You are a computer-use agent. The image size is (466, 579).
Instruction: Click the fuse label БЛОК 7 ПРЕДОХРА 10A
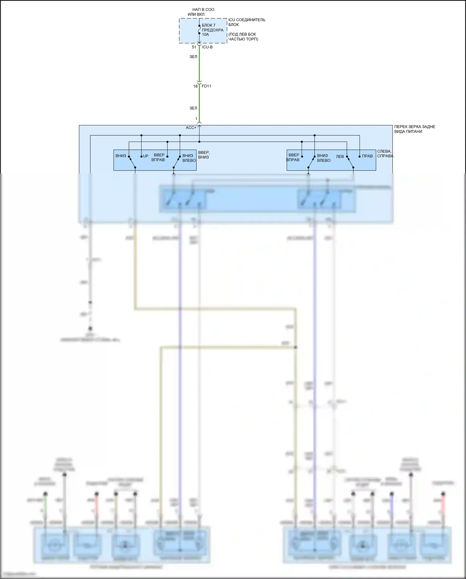(x=212, y=30)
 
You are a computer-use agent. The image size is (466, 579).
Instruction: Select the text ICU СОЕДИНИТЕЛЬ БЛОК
(x=247, y=22)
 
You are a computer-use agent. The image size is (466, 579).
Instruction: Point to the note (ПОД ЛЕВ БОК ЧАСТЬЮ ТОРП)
(x=243, y=37)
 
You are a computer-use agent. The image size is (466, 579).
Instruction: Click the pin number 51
(x=194, y=47)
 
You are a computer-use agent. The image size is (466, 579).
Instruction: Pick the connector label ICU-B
(x=207, y=47)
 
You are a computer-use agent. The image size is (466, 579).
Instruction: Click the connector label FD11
(x=206, y=86)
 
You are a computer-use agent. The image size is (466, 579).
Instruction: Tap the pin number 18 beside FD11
(x=195, y=86)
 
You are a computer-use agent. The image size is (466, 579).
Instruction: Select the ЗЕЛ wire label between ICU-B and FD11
(x=193, y=57)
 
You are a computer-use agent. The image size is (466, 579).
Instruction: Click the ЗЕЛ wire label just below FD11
(x=193, y=108)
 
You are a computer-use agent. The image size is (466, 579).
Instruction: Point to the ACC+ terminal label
(x=191, y=128)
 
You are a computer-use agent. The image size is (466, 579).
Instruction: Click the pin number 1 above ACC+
(x=196, y=119)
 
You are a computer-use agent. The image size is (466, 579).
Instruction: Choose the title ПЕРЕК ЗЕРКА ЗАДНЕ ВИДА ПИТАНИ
(x=414, y=129)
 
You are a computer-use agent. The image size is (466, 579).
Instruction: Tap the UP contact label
(x=146, y=156)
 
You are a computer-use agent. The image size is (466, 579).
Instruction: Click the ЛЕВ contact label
(x=340, y=156)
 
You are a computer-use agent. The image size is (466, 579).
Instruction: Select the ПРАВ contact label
(x=367, y=156)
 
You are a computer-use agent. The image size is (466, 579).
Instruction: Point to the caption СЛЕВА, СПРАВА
(x=385, y=154)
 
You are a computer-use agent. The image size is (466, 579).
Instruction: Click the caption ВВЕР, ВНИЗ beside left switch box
(x=204, y=155)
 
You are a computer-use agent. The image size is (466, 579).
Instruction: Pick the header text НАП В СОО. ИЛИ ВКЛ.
(x=201, y=12)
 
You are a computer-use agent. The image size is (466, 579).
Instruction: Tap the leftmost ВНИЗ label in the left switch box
(x=121, y=156)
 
